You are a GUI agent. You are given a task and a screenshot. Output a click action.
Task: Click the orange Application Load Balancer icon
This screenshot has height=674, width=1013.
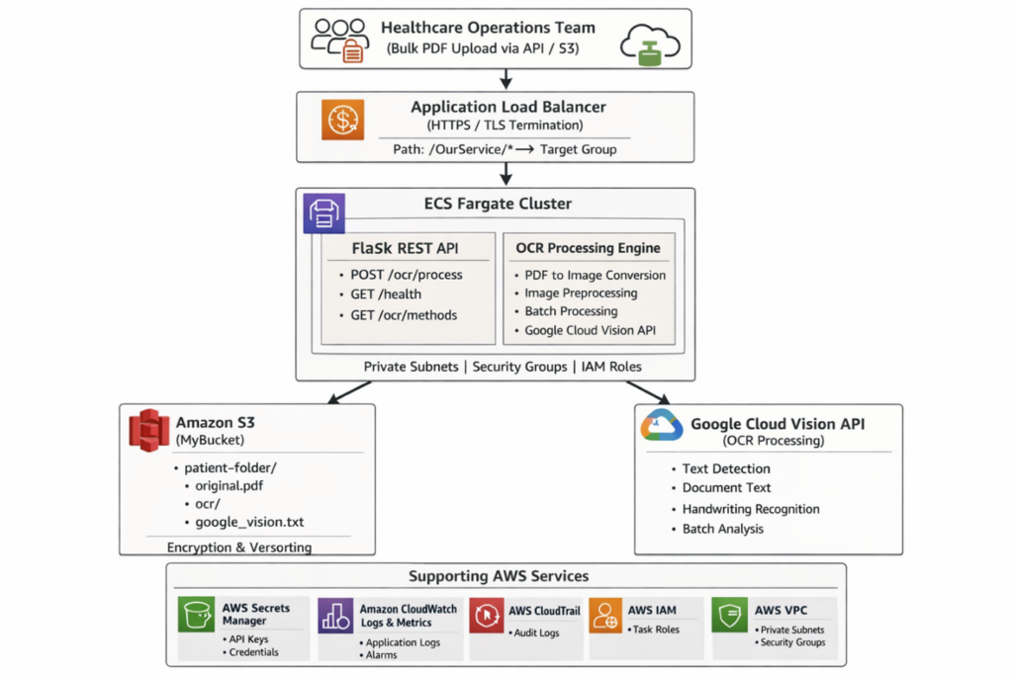pos(342,120)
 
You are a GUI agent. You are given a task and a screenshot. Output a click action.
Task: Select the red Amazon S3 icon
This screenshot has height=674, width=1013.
pos(150,430)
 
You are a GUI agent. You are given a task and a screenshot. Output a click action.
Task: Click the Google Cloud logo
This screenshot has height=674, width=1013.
pos(662,425)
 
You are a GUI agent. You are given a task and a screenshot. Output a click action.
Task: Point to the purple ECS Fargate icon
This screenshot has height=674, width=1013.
pos(324,211)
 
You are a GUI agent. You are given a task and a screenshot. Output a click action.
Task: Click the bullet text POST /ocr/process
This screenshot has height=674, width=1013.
pos(407,274)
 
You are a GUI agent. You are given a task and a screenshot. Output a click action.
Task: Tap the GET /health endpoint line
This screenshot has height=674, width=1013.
pos(386,294)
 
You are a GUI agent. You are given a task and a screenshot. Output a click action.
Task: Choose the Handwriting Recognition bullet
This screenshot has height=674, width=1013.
pos(751,509)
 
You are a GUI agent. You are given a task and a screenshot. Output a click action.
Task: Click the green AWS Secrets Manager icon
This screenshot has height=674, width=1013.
pos(196,615)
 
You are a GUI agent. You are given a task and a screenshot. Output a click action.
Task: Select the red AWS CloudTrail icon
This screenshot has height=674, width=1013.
pos(487,615)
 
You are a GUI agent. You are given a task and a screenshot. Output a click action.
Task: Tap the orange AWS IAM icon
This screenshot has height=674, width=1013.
pos(605,615)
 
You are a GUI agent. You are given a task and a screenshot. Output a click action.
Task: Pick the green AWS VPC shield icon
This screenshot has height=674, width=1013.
pos(730,615)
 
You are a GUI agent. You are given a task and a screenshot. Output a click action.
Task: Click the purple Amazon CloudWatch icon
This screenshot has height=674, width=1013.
pos(335,616)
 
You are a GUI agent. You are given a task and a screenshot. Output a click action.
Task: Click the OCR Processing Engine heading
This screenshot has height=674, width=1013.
pos(588,247)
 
